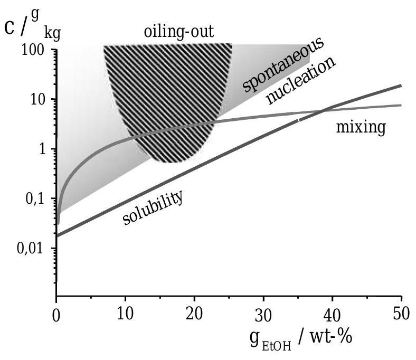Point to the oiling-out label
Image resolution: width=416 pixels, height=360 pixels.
coord(179,32)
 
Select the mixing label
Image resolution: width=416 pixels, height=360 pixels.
coord(361,128)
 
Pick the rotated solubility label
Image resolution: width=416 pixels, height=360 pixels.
coord(153,208)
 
